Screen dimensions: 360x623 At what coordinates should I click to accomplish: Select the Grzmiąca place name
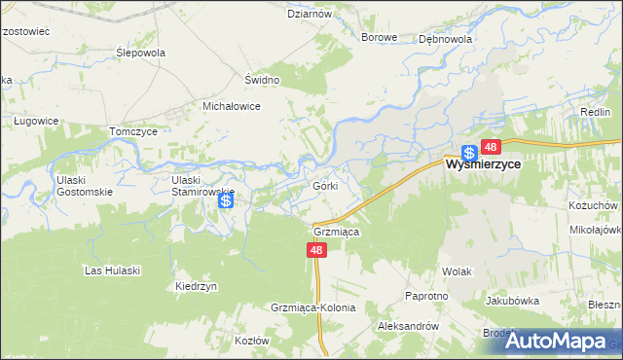(x=338, y=233)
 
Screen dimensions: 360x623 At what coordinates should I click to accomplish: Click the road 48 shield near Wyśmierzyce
(x=490, y=147)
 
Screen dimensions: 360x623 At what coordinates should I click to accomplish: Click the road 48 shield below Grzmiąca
(x=316, y=250)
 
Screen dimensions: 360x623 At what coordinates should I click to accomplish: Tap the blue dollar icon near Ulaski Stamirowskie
(x=226, y=200)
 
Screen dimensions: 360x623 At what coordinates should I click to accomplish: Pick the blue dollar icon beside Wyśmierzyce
(x=468, y=153)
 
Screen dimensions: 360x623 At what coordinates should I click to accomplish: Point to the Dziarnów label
(x=311, y=15)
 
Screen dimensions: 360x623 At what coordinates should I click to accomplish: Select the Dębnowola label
(x=445, y=40)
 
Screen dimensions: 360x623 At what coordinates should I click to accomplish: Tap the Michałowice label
(x=231, y=106)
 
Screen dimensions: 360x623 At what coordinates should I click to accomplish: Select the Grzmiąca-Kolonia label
(x=313, y=307)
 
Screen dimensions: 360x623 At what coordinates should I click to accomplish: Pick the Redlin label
(x=595, y=113)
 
